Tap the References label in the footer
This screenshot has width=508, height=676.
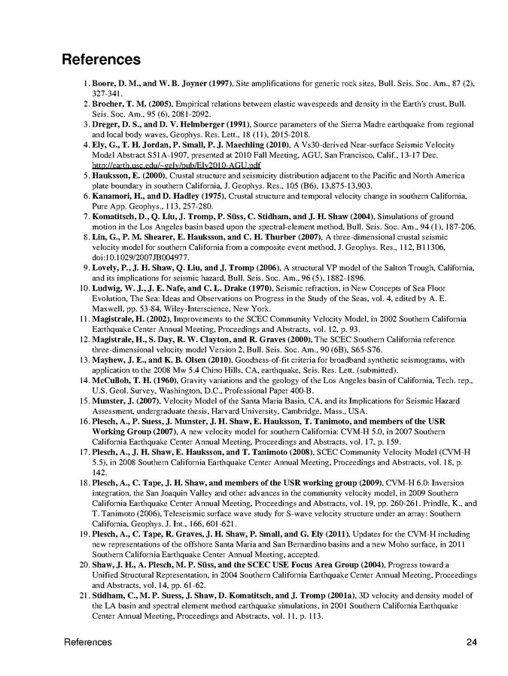click(x=87, y=642)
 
